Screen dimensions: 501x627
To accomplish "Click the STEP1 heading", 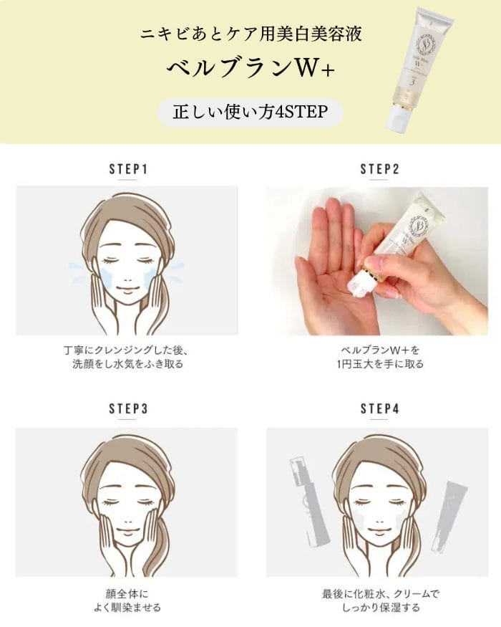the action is click(129, 168).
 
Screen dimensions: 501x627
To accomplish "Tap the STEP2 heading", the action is click(379, 168).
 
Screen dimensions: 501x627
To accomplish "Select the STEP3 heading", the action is click(129, 408).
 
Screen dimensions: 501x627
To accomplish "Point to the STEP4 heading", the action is click(379, 408).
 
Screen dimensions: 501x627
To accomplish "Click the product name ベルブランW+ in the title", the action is click(250, 69).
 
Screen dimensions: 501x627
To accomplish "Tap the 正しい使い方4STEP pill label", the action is click(250, 112).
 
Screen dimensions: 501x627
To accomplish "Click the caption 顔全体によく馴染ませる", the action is click(127, 600).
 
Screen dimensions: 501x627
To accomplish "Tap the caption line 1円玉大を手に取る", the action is click(379, 364).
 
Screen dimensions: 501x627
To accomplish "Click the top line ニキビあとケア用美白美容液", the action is click(251, 33).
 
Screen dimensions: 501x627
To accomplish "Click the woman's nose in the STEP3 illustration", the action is click(127, 521).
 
